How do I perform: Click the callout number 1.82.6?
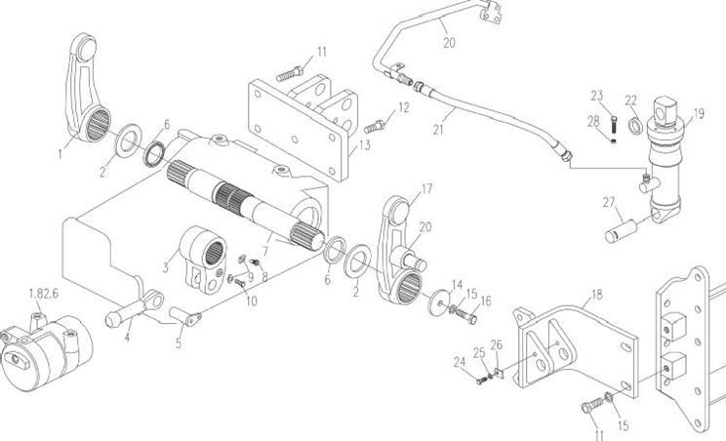coord(44,294)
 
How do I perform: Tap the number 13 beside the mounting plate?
coord(365,145)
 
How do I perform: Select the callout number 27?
coord(609,202)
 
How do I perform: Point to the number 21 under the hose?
coord(438,129)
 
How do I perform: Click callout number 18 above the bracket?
coord(597,294)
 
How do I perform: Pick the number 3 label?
coord(165,267)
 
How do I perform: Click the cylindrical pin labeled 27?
coord(620,231)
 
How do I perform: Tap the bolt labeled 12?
coord(374,126)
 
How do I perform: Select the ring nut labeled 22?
coord(635,125)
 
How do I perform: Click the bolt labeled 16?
coord(465,316)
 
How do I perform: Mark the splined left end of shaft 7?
coord(178,172)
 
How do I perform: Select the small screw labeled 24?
coord(481,381)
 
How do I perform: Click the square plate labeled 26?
coord(499,372)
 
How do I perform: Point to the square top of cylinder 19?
coord(665,109)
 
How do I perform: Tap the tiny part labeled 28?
coord(614,140)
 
